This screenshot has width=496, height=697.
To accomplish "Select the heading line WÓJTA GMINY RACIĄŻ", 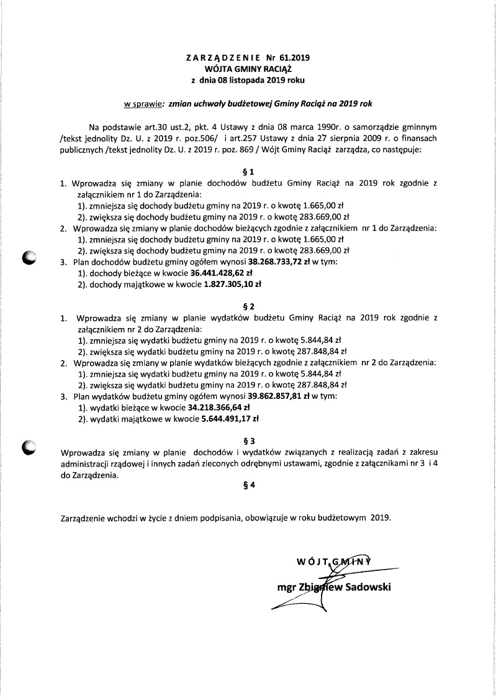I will tap(248, 69).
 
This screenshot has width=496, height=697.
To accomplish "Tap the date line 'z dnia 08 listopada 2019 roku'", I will tap(248, 80).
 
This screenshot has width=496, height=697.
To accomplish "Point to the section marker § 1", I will tap(248, 171).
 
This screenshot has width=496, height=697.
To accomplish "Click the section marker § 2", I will tap(248, 306).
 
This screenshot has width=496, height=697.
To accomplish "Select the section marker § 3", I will tap(248, 440).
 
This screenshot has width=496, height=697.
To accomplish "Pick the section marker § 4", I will tap(248, 486).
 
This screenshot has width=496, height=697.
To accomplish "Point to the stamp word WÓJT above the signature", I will tap(312, 563).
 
